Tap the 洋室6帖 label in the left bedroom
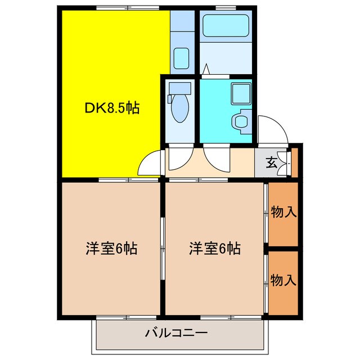112,247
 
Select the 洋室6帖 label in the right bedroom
215,247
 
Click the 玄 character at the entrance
271,163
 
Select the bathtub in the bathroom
224,25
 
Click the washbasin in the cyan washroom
242,121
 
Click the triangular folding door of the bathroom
206,70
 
